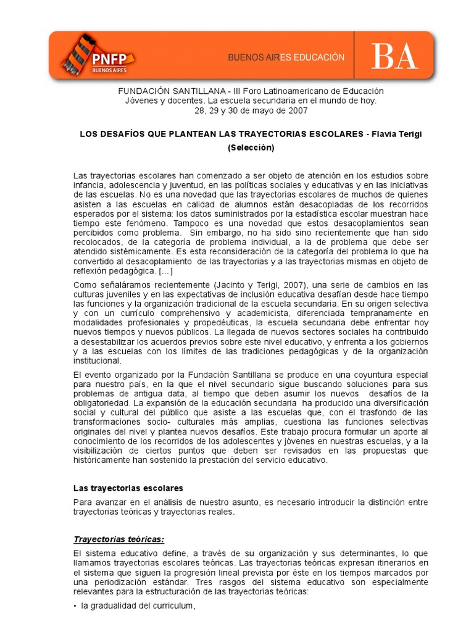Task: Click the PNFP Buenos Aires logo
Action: pyautogui.click(x=99, y=57)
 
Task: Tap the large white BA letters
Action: pyautogui.click(x=394, y=58)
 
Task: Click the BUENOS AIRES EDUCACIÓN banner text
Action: pyautogui.click(x=286, y=57)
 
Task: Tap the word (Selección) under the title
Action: pyautogui.click(x=251, y=148)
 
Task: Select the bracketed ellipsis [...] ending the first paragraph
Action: pyautogui.click(x=165, y=272)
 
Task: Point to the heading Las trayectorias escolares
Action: pyautogui.click(x=128, y=488)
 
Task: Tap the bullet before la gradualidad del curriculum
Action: pyautogui.click(x=75, y=606)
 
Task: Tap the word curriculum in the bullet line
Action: pyautogui.click(x=175, y=606)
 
